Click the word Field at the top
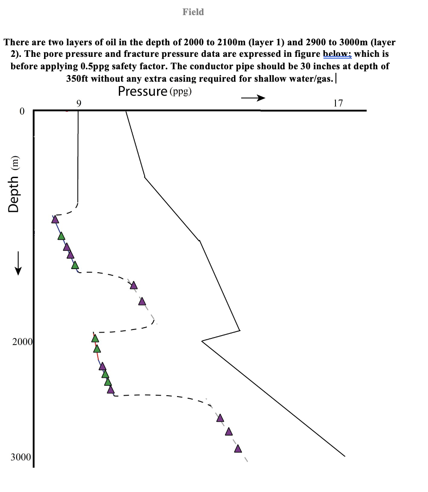tap(193, 12)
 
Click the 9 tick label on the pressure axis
tap(79, 103)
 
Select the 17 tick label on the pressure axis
tap(338, 103)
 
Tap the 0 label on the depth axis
tap(21, 111)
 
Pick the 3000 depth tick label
tap(21, 457)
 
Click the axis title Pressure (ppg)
tap(155, 91)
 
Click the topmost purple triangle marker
tap(55, 219)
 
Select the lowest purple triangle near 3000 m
tap(238, 448)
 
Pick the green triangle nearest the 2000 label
tap(95, 339)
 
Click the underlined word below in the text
tap(337, 54)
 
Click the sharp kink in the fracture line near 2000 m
tap(202, 341)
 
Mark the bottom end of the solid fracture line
tap(345, 456)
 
